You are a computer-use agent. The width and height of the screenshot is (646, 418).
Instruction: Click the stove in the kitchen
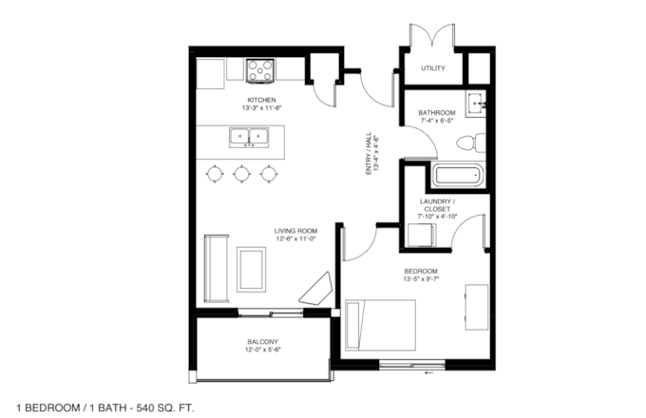260,70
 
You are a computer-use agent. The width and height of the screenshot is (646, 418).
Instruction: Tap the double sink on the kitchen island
249,138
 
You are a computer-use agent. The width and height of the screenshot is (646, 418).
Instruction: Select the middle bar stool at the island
242,174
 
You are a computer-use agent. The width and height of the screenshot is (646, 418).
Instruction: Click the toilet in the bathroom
471,142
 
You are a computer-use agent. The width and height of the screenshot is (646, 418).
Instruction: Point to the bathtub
457,176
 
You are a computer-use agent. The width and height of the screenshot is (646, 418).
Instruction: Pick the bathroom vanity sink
476,104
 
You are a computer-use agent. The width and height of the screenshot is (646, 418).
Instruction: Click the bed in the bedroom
380,325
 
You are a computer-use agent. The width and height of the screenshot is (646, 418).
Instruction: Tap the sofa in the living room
217,269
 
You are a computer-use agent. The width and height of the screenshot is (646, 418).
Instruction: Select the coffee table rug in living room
251,270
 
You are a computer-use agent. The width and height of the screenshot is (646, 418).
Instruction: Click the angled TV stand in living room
316,289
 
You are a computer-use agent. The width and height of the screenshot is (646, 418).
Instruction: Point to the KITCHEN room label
261,100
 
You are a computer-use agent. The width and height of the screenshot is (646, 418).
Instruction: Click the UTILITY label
433,68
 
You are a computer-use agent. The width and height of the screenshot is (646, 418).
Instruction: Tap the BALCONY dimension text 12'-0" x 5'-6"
263,350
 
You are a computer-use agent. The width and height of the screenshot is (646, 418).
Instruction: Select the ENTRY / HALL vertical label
372,153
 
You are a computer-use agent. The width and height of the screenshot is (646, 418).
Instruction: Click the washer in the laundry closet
422,236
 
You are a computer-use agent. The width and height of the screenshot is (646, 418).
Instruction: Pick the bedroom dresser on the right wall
477,307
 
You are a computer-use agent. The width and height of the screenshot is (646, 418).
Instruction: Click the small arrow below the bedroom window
429,373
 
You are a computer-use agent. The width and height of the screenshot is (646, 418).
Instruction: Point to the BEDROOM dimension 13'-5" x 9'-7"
421,278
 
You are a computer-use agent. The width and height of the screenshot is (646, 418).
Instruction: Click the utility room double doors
431,34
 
